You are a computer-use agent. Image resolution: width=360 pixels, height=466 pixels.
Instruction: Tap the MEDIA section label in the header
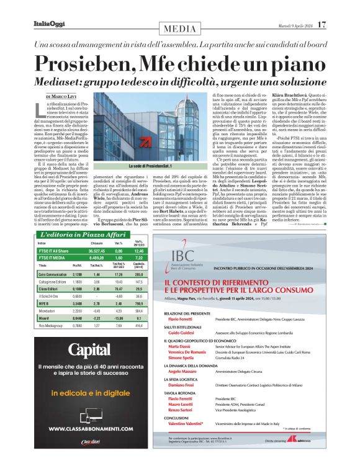[180, 29]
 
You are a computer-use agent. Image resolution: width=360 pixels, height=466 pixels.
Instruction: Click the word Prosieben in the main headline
[87, 62]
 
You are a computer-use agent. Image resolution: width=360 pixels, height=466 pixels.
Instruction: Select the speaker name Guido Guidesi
[215, 334]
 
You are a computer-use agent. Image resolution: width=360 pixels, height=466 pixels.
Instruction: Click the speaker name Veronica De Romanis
[221, 352]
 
